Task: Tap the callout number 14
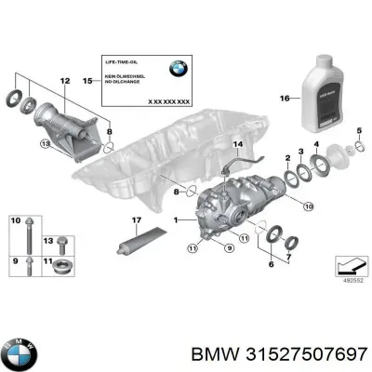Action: pos(237,144)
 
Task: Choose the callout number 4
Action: pos(316,143)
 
